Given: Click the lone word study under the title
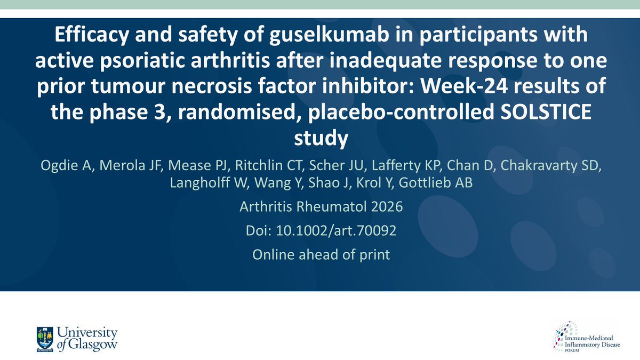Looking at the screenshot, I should (321, 138).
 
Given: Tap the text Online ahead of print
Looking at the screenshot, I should (321, 255).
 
